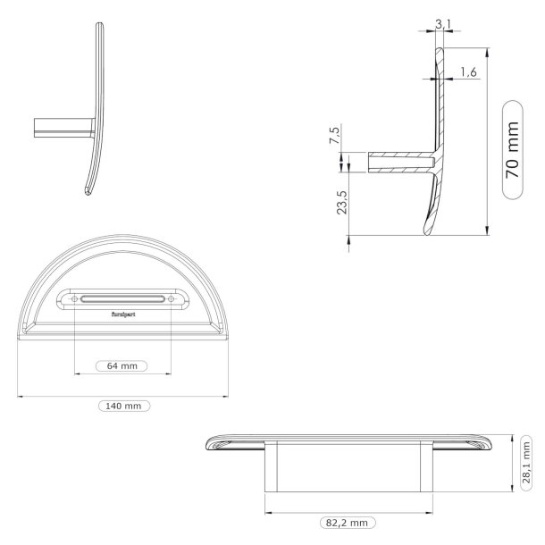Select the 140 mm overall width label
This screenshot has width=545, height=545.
[123, 406]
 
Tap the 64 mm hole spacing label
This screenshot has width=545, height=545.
[121, 366]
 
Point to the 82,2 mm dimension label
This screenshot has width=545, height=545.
[348, 522]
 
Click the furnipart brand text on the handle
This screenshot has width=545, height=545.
[121, 314]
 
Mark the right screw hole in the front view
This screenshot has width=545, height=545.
[171, 298]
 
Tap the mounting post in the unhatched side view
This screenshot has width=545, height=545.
[63, 128]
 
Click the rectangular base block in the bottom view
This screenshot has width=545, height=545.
[348, 466]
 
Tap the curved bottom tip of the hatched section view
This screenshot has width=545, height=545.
[422, 231]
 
